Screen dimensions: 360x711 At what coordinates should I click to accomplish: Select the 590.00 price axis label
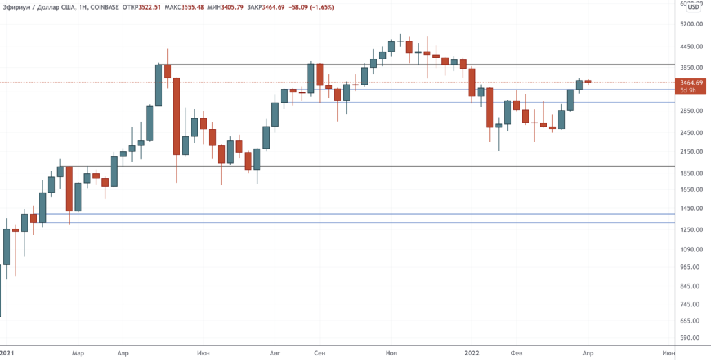click(691, 338)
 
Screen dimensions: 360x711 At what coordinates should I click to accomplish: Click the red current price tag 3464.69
click(691, 83)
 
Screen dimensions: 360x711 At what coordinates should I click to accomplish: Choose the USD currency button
click(694, 7)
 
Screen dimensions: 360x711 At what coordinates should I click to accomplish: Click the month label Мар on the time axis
click(78, 354)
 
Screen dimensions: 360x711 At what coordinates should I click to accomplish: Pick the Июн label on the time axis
click(204, 354)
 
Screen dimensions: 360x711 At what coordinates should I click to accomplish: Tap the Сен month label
click(319, 354)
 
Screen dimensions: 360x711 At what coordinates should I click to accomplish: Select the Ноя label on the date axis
click(390, 354)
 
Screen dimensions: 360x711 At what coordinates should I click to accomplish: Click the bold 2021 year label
click(8, 354)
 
